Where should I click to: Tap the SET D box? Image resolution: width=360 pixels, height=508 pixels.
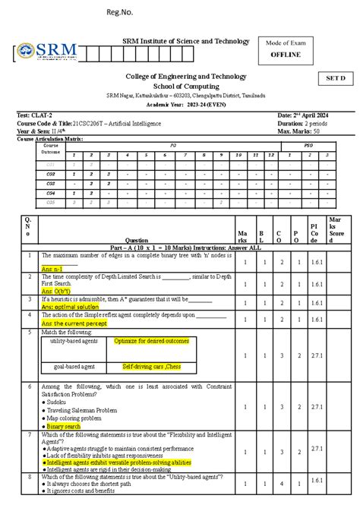[335, 78]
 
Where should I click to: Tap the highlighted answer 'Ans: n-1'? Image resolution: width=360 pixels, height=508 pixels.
[52, 270]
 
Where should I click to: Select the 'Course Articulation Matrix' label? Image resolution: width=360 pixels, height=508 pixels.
[50, 140]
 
